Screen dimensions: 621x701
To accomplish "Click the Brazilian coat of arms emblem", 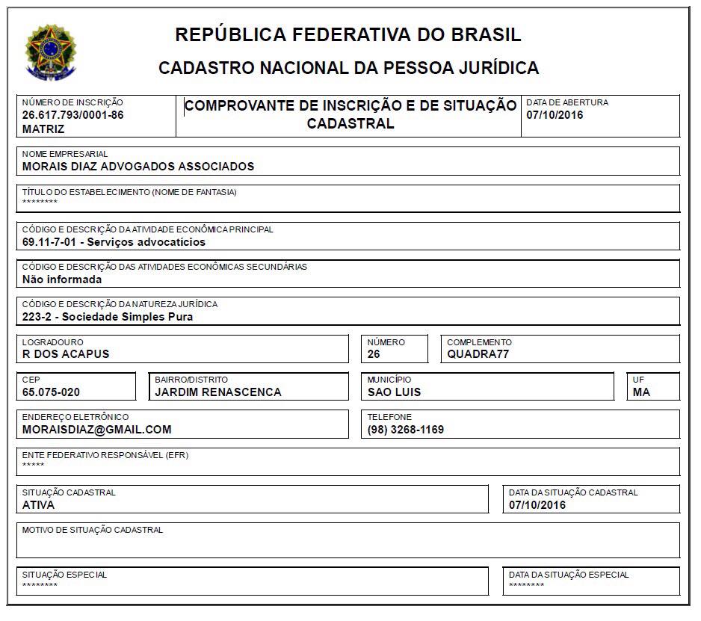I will pos(50,52).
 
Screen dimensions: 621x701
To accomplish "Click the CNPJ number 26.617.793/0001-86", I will pos(72,115).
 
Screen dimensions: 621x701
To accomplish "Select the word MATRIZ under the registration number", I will pos(43,129).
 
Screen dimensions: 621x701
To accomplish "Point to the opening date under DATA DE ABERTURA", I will pos(555,115).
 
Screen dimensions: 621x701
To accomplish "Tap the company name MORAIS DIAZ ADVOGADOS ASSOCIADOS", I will pos(138,167).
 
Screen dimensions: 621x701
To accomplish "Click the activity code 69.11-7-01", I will pos(49,242).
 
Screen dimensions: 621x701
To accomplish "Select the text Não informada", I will pos(62,279).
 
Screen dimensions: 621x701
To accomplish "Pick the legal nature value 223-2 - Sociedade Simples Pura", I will pos(108,317).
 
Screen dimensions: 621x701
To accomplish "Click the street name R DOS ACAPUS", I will pos(66,354).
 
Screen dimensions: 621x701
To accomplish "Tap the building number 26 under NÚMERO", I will pos(374,354).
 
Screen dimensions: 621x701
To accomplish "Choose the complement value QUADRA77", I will pos(478,354).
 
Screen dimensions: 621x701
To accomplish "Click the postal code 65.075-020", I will pos(51,392).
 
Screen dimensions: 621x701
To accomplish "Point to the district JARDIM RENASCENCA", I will pos(217,392).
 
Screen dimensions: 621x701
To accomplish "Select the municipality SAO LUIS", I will pos(394,392).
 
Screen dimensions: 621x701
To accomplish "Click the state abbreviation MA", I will pos(640,392).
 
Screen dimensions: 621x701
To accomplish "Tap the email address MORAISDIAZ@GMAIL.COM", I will pos(97,430).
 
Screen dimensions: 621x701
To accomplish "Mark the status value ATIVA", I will pos(38,504).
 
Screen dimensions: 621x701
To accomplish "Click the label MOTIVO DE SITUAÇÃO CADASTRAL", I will pos(93,530).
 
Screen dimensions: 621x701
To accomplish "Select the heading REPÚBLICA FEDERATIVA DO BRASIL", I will pos(348,34).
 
